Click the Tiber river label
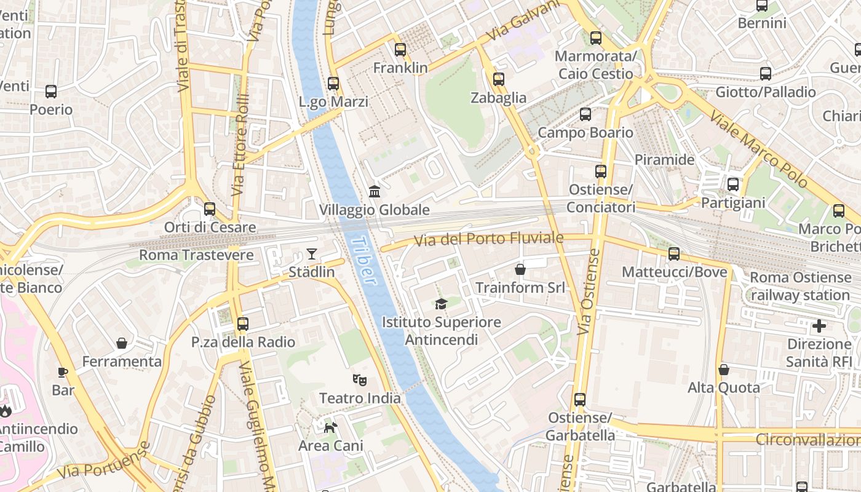pyautogui.click(x=364, y=261)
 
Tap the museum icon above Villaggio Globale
pyautogui.click(x=375, y=191)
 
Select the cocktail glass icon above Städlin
pyautogui.click(x=312, y=254)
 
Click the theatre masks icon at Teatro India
pyautogui.click(x=360, y=380)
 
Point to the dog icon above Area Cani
pyautogui.click(x=331, y=427)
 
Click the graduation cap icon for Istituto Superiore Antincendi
pyautogui.click(x=441, y=304)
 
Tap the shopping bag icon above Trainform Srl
pyautogui.click(x=520, y=269)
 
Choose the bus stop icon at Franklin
pyautogui.click(x=400, y=50)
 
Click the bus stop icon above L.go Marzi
pyautogui.click(x=333, y=83)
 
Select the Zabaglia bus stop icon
pyautogui.click(x=499, y=79)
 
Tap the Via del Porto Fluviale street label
pyautogui.click(x=488, y=239)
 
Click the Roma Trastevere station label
pyautogui.click(x=196, y=255)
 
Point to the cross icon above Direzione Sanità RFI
pyautogui.click(x=819, y=326)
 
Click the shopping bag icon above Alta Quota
pyautogui.click(x=724, y=370)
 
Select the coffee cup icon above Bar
pyautogui.click(x=63, y=372)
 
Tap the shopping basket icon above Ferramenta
pyautogui.click(x=122, y=343)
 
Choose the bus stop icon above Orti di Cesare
pyautogui.click(x=210, y=209)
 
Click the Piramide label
pyautogui.click(x=664, y=160)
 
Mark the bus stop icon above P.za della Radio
pyautogui.click(x=243, y=323)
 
